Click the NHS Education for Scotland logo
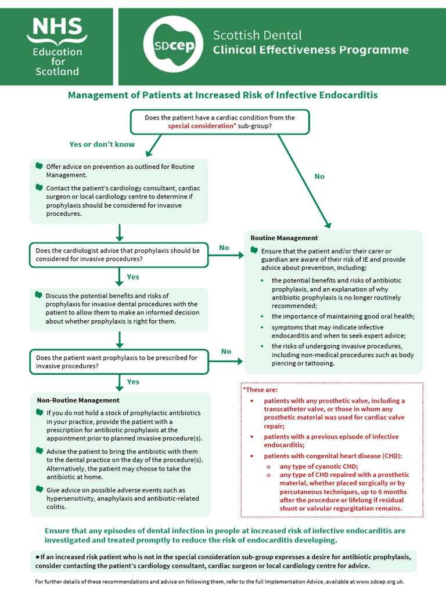click(56, 46)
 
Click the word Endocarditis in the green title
click(346, 95)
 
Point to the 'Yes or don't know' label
click(102, 144)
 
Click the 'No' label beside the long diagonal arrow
click(319, 176)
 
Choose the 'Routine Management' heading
click(284, 238)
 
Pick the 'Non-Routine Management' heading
click(78, 400)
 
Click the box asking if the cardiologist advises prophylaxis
click(118, 255)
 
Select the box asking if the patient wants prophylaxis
click(118, 361)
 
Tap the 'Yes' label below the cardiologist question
click(133, 277)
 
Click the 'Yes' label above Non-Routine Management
click(133, 382)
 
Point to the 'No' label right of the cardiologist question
click(224, 248)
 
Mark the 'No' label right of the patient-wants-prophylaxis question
click(226, 352)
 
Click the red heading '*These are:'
click(260, 390)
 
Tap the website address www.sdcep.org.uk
click(379, 581)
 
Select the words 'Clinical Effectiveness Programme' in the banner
click(311, 50)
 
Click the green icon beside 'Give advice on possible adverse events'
click(39, 489)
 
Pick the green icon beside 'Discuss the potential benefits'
click(39, 295)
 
